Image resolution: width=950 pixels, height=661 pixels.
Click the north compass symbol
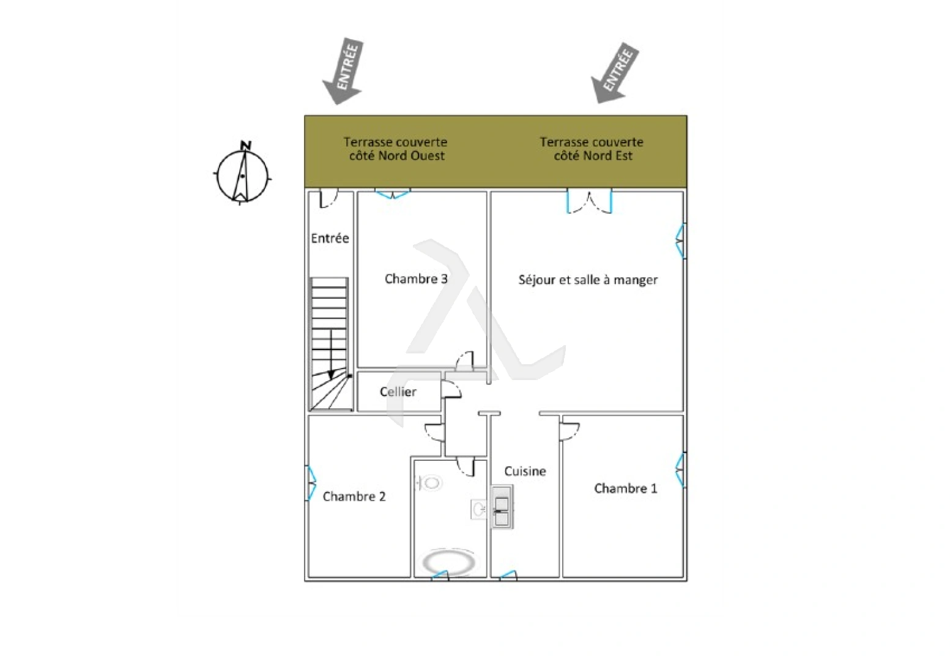click(x=243, y=173)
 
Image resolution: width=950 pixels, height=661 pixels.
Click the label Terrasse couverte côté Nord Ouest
click(x=396, y=149)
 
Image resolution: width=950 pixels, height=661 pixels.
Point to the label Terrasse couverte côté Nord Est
click(x=592, y=149)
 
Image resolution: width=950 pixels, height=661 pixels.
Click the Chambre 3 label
click(x=415, y=278)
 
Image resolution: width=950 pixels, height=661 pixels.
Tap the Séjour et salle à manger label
click(x=588, y=280)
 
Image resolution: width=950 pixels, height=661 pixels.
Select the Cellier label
click(x=398, y=392)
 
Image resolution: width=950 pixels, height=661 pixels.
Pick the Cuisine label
click(x=525, y=471)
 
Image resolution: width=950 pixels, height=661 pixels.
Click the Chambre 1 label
click(x=626, y=488)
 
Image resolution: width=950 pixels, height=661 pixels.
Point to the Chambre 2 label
click(x=354, y=496)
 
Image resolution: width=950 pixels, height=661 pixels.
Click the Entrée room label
click(x=330, y=238)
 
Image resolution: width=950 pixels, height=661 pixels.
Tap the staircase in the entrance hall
click(x=330, y=344)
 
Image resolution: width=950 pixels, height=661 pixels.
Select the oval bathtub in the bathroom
click(x=449, y=562)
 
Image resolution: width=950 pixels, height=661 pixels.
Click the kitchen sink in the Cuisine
click(x=502, y=507)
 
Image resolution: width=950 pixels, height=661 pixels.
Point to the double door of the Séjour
click(x=590, y=201)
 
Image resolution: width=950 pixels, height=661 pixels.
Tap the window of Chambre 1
click(x=680, y=470)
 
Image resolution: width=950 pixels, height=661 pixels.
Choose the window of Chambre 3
click(x=393, y=194)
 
